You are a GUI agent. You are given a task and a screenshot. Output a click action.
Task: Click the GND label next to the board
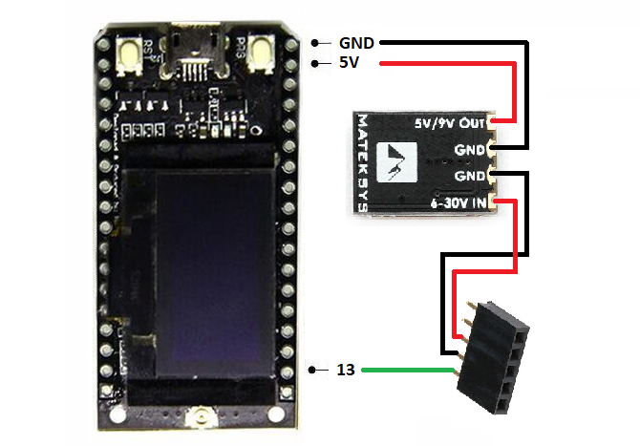[357, 43]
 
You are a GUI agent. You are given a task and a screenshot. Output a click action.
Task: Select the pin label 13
[346, 369]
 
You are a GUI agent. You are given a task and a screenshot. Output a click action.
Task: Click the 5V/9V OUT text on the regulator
[449, 124]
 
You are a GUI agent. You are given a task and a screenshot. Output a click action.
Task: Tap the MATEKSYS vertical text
[362, 162]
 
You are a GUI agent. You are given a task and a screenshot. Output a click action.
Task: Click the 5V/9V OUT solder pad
[492, 122]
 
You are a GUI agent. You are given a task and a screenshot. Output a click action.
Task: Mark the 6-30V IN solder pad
[492, 202]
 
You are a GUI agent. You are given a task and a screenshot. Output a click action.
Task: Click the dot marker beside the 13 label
[314, 369]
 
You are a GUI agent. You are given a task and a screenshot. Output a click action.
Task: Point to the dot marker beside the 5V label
[314, 63]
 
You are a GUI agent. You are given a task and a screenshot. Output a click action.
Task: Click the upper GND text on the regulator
[470, 149]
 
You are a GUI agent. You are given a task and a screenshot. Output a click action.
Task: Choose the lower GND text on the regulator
[470, 177]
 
